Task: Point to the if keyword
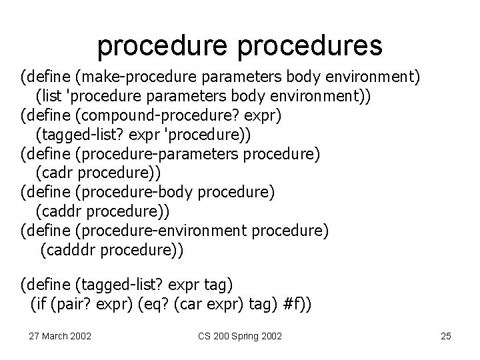(40, 305)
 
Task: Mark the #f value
(292, 305)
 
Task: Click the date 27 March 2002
(61, 335)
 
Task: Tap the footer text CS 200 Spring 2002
(239, 335)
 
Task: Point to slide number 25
(446, 335)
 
